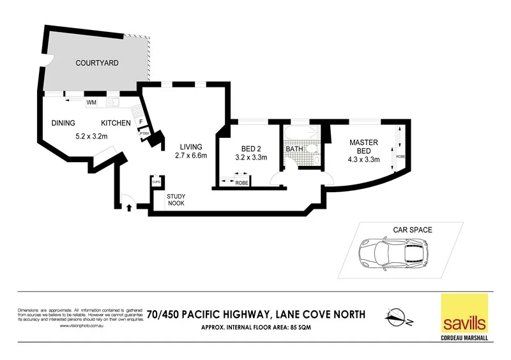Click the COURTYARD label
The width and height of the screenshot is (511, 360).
pyautogui.click(x=97, y=63)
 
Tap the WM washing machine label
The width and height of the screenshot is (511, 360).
pyautogui.click(x=91, y=102)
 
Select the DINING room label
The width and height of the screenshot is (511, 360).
pyautogui.click(x=64, y=123)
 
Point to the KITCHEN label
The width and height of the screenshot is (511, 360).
pyautogui.click(x=116, y=123)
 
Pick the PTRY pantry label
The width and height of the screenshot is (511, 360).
pyautogui.click(x=144, y=133)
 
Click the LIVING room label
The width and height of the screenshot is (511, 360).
pyautogui.click(x=190, y=147)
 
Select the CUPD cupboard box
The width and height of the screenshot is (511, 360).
pyautogui.click(x=155, y=182)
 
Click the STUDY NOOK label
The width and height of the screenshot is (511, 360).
pyautogui.click(x=176, y=200)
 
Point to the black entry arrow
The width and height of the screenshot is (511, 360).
pyautogui.click(x=130, y=207)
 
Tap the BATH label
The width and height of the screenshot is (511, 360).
pyautogui.click(x=294, y=149)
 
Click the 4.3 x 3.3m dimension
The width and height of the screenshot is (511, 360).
pyautogui.click(x=364, y=160)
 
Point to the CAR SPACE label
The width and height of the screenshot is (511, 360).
pyautogui.click(x=413, y=229)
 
